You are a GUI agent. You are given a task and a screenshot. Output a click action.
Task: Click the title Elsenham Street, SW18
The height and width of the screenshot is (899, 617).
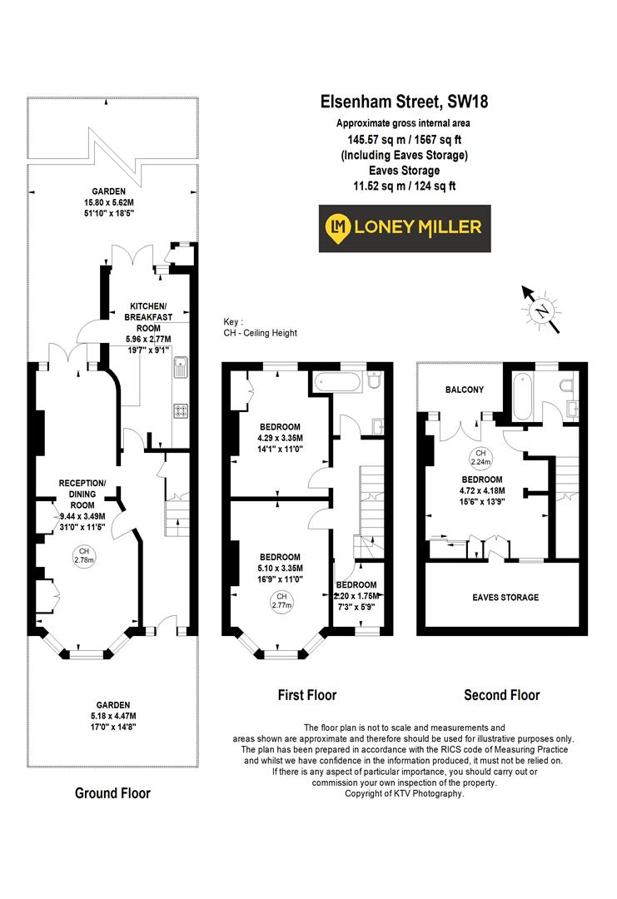(x=405, y=102)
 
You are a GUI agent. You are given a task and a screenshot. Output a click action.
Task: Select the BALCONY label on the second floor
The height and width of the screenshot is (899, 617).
(x=464, y=390)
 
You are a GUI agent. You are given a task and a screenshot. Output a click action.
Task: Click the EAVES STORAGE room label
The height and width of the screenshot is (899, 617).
(x=505, y=598)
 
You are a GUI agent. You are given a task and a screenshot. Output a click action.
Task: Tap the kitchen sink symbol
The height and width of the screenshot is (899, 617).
(x=180, y=366)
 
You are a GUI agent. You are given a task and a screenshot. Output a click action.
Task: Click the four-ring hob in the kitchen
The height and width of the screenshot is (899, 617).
(x=180, y=410)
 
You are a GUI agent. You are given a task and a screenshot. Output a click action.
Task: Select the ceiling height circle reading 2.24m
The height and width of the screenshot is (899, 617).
(x=478, y=458)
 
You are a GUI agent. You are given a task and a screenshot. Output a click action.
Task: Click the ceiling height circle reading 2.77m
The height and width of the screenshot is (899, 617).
(x=281, y=602)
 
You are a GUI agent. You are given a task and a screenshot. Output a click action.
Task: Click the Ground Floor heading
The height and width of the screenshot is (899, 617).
(x=112, y=793)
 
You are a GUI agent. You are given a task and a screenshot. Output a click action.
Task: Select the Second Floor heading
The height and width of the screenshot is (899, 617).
(x=501, y=695)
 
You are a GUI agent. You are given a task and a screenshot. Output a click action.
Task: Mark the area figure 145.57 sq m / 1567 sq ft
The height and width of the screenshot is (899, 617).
(x=405, y=140)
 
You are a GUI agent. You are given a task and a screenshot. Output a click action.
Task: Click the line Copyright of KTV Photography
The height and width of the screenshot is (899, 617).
(x=405, y=793)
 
